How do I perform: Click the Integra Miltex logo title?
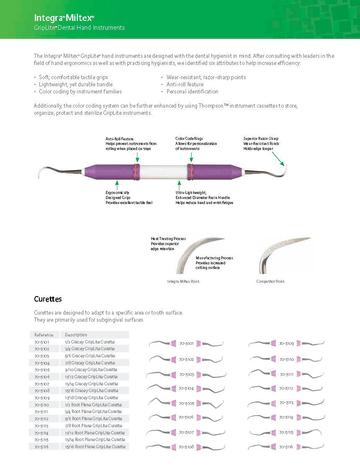64,18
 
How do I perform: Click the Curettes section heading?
48,299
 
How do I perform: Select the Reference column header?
44,335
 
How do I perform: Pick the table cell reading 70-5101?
42,342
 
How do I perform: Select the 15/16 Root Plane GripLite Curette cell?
95,447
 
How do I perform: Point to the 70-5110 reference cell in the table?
42,405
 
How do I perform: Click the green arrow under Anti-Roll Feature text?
137,157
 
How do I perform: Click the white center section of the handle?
161,172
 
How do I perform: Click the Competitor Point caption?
270,281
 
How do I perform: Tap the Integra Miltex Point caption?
183,281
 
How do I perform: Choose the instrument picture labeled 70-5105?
186,403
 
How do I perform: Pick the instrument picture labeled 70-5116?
287,447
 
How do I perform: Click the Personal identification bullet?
192,91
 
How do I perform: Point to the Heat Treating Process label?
166,239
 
